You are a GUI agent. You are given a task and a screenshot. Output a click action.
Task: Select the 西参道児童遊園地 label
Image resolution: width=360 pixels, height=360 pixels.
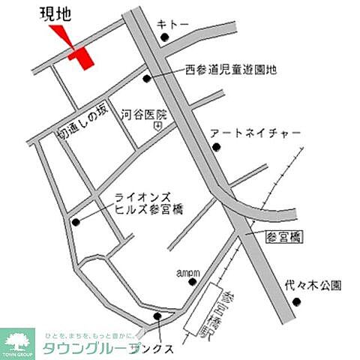(231, 70)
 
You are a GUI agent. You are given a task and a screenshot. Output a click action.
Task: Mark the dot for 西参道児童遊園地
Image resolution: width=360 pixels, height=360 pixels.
(147, 76)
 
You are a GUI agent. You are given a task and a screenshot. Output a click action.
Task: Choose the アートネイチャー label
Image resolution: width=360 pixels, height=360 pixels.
(255, 133)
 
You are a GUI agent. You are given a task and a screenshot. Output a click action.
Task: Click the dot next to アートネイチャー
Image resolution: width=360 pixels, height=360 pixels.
(216, 146)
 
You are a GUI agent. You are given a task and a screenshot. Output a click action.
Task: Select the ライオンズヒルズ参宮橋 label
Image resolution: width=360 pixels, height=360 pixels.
(148, 203)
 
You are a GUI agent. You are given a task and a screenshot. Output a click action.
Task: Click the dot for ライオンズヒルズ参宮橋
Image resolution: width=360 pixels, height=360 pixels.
(76, 221)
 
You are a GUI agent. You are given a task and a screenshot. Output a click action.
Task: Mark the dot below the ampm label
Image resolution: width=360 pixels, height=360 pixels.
(193, 283)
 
